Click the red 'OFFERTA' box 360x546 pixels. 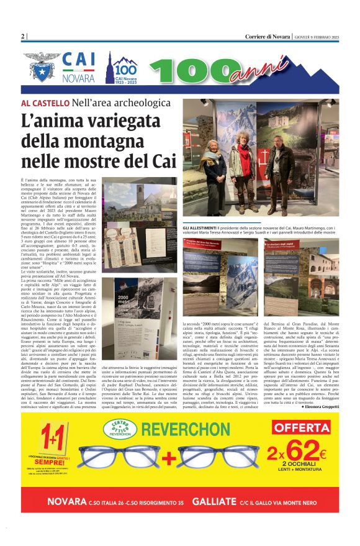[301, 428]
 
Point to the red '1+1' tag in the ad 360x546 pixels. [50, 435]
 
